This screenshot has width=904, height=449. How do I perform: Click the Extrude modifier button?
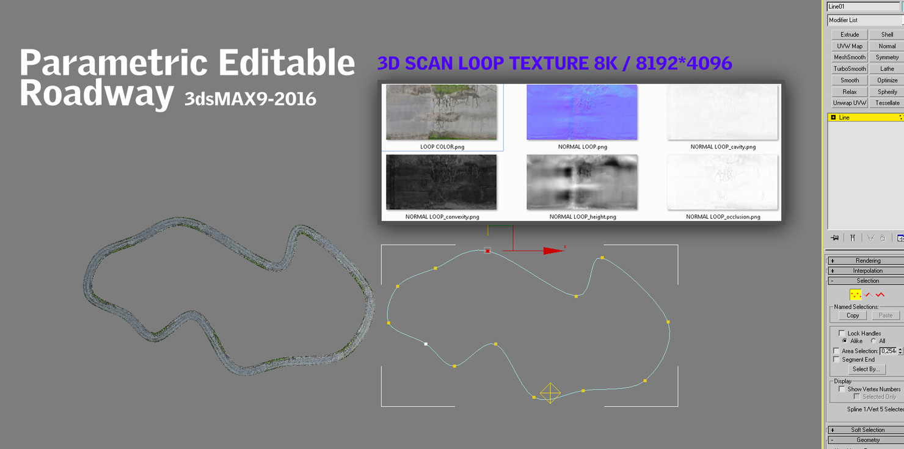click(x=849, y=35)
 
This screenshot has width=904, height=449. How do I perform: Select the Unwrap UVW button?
click(x=849, y=103)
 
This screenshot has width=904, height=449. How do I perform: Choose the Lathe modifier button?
click(x=887, y=69)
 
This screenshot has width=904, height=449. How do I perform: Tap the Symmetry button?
click(x=887, y=57)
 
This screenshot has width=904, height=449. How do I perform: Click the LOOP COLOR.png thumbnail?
click(x=441, y=112)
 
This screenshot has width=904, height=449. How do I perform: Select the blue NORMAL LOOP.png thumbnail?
click(x=581, y=112)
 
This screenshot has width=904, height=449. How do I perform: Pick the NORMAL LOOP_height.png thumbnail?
click(x=581, y=182)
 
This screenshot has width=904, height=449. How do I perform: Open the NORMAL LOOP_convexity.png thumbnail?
click(x=441, y=182)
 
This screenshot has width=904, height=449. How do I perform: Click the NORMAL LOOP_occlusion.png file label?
click(x=723, y=217)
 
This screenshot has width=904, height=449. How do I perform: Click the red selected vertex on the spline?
click(x=487, y=250)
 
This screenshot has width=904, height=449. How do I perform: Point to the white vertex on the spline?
click(x=426, y=344)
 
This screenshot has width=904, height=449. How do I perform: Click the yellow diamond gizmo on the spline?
click(x=550, y=393)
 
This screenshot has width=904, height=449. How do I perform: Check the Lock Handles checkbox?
click(x=842, y=333)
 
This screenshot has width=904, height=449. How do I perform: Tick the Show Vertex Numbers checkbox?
click(x=842, y=389)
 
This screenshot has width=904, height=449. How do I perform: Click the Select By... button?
click(x=866, y=369)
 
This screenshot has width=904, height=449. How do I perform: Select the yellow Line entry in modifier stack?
click(x=864, y=117)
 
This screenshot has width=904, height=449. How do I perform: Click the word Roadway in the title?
click(x=97, y=93)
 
